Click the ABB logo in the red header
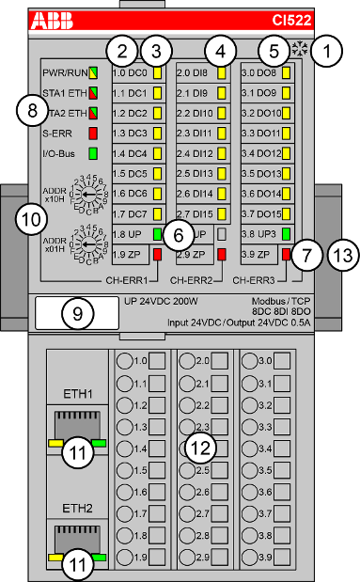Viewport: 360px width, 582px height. tap(57, 19)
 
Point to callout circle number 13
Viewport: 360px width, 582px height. tap(342, 254)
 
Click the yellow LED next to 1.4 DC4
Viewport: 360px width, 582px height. tap(158, 152)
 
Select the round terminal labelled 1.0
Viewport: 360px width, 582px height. tap(123, 361)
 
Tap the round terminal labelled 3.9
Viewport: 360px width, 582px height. tap(253, 558)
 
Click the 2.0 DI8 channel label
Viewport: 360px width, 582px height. tap(196, 71)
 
